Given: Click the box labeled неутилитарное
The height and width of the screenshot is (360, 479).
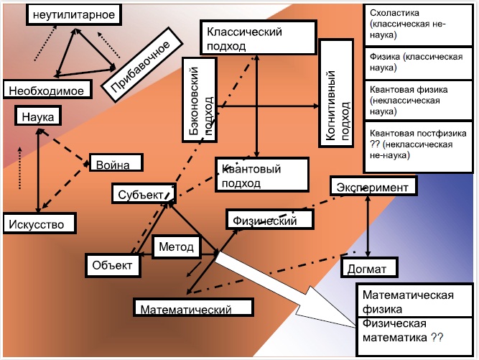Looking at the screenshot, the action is coord(74,14).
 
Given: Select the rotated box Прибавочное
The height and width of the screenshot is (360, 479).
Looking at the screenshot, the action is coord(142,65).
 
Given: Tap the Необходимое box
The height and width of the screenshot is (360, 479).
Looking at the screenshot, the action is coord(47,89).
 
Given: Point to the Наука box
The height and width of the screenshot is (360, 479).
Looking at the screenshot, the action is coord(38,116).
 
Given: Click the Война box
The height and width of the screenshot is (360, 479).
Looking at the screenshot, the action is coord(116,162).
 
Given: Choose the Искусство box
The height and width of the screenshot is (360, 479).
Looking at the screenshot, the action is coord(39,223).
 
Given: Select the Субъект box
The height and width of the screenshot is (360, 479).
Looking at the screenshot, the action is coord(144,193).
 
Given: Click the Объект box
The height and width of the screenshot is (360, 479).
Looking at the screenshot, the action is coord(113,265).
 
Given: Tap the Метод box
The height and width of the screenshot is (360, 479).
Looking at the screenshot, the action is coord(176,246).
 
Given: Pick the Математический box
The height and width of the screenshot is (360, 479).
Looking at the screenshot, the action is coord(194,308).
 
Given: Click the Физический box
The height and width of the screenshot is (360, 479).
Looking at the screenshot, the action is coord(270,219).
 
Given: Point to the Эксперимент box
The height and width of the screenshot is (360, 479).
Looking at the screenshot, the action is coord(373,186).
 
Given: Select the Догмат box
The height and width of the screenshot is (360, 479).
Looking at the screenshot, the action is coord(369,267).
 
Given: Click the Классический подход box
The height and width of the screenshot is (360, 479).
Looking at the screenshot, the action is coord(258,37).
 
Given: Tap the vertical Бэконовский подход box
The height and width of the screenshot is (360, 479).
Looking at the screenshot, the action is coord(200,100).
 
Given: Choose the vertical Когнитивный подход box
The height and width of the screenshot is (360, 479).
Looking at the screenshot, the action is coord(336,93).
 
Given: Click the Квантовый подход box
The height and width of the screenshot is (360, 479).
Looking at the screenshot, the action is coord(262,175).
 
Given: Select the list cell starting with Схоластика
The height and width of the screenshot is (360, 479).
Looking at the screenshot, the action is coord(418,24).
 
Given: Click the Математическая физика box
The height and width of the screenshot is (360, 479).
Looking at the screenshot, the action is coord(414,300).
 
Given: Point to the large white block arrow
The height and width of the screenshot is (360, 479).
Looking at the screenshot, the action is coord(286,290).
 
